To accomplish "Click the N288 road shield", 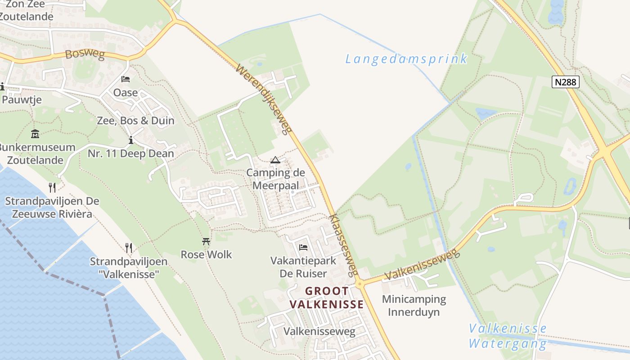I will pos(565,82).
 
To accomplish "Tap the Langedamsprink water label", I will pos(406,59).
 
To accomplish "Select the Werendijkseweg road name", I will pos(261,100).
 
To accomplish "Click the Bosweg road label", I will pos(85,55).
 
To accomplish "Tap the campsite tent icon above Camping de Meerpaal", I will pos(275,160).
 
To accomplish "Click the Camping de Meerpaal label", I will pos(275,179).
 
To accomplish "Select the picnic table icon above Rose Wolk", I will pos(206,242).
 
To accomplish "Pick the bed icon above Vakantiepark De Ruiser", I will pos(303,247).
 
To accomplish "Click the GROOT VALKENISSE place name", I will pos(327,298).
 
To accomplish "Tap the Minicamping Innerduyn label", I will pos(414,306).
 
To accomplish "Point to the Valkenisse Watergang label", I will pos(508,336).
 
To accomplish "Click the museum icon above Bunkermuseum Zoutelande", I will pos(35,134).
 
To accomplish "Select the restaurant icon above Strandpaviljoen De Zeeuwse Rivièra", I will pos(52,187).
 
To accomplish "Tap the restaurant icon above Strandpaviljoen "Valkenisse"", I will pos(129,247).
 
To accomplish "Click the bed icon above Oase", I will pos(126,79).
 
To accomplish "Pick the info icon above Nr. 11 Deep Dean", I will pos(130,140).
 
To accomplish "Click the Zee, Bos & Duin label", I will pos(135,121).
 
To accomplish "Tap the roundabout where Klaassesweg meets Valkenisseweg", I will pos(359,284).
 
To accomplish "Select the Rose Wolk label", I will pos(206,255).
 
